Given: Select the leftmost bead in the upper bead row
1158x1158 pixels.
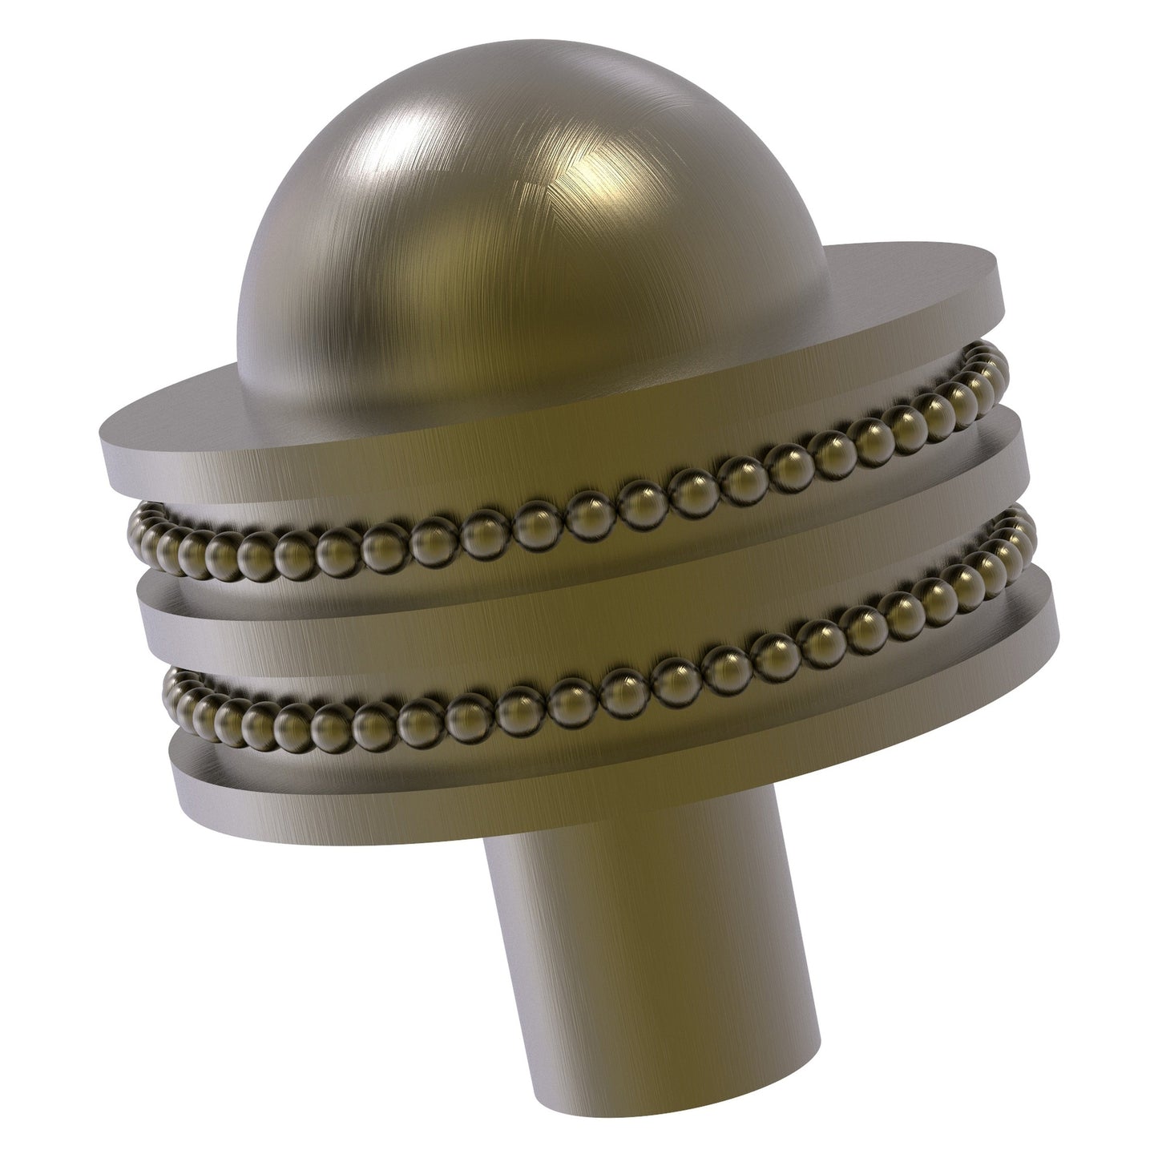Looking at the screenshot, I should [139, 533].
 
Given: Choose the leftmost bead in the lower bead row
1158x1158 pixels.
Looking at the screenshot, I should [175, 690].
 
